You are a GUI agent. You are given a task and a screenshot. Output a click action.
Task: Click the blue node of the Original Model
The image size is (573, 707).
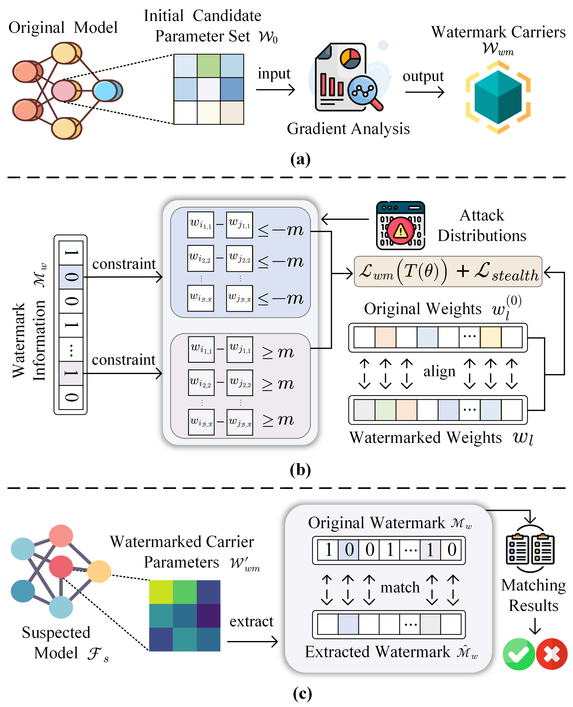click(106, 91)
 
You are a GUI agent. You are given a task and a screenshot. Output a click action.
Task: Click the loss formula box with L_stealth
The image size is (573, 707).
click(448, 271)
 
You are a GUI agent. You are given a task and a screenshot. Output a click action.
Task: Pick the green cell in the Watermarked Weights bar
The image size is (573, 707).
click(385, 410)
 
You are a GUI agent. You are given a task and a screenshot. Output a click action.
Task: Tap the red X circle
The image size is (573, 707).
click(552, 654)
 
